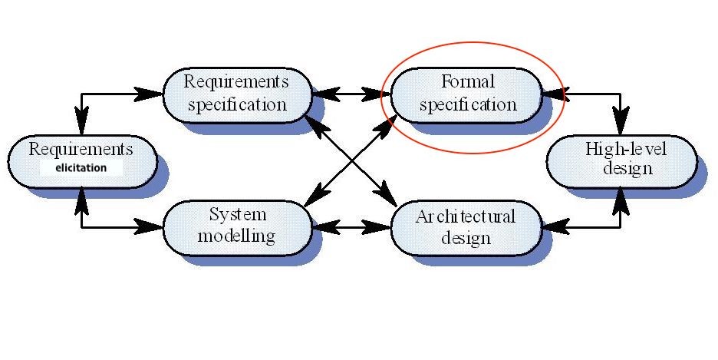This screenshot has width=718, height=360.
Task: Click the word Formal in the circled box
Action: click(x=467, y=81)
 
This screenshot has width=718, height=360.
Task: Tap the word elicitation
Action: click(x=81, y=167)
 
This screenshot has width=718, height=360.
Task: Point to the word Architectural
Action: click(x=466, y=216)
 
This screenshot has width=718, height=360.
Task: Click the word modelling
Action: click(x=236, y=236)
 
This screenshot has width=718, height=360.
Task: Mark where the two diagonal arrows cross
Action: click(x=350, y=162)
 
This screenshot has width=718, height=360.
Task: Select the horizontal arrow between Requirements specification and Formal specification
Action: click(x=350, y=95)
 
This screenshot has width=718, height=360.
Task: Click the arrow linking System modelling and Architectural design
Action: click(x=350, y=227)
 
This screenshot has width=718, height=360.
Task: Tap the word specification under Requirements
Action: click(x=236, y=104)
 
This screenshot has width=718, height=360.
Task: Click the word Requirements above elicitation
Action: click(x=81, y=149)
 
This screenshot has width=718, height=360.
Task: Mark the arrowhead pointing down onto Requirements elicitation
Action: click(x=81, y=121)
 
